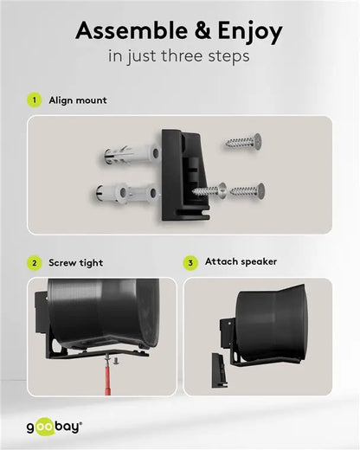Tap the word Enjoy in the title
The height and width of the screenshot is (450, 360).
[245, 33]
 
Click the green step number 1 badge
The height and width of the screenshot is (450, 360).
[35, 100]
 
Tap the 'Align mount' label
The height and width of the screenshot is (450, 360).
[78, 100]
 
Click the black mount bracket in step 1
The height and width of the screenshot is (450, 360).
[182, 173]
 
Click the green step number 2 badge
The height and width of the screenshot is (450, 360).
[35, 262]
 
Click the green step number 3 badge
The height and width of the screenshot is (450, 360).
[190, 262]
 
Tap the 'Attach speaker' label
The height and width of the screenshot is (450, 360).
[241, 262]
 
